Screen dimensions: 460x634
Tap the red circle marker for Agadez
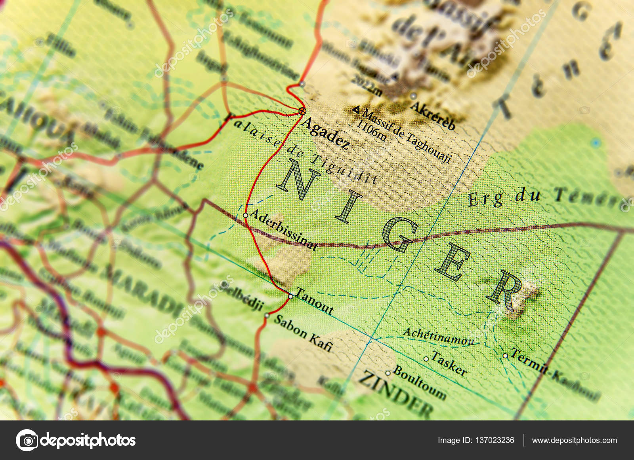point(302,111)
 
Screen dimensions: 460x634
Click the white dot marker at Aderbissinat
point(245,215)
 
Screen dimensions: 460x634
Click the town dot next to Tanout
point(290,296)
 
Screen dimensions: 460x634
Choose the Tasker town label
point(449,363)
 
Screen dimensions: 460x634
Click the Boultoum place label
point(419,382)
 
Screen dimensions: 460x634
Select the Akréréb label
point(433,115)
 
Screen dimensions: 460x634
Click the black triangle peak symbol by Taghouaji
point(356,110)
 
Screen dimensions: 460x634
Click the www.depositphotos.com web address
point(574,440)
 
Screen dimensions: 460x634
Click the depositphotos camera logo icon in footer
point(27,440)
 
